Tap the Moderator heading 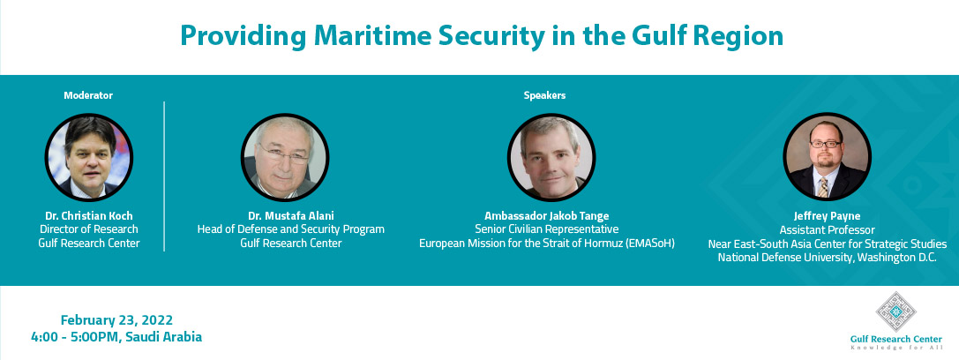pyautogui.click(x=88, y=95)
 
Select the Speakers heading pyautogui.click(x=544, y=95)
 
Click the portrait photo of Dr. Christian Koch pyautogui.click(x=89, y=157)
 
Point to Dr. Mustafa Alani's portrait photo pyautogui.click(x=285, y=157)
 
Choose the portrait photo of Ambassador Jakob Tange pyautogui.click(x=551, y=157)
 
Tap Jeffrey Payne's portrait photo pyautogui.click(x=827, y=157)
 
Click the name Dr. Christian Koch pyautogui.click(x=89, y=216)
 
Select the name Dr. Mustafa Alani pyautogui.click(x=290, y=216)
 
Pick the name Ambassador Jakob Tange pyautogui.click(x=547, y=216)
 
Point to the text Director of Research pyautogui.click(x=89, y=229)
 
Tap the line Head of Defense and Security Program pyautogui.click(x=290, y=229)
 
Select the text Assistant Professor pyautogui.click(x=827, y=230)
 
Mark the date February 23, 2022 pyautogui.click(x=116, y=320)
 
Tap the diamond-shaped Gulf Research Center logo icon pyautogui.click(x=896, y=311)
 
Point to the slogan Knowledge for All pyautogui.click(x=896, y=348)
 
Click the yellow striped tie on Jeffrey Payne pyautogui.click(x=823, y=186)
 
